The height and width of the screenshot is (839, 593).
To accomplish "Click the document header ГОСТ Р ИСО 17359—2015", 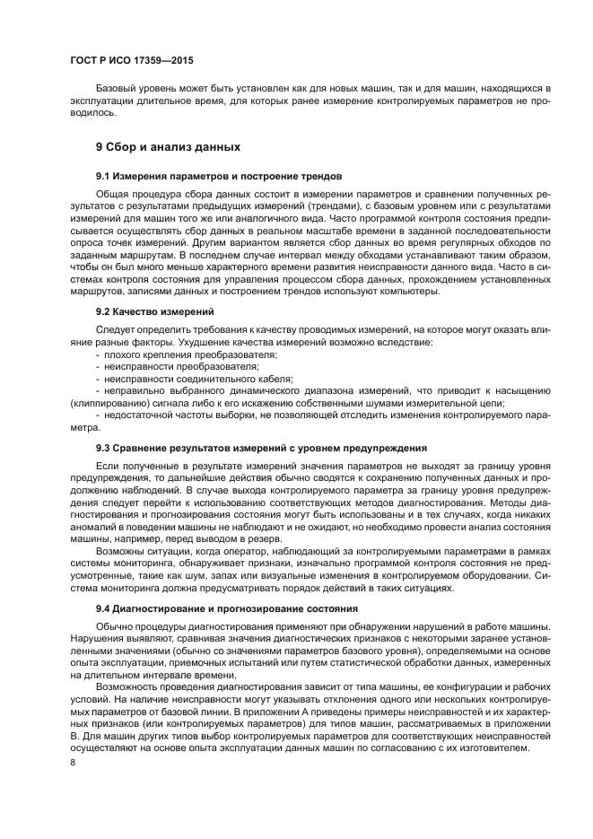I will pyautogui.click(x=131, y=61).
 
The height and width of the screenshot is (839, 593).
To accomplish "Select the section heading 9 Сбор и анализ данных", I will pyautogui.click(x=168, y=146).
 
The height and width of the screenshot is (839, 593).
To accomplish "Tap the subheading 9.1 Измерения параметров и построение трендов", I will pyautogui.click(x=219, y=175).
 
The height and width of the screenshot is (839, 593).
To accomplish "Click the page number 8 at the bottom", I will pyautogui.click(x=73, y=762).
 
